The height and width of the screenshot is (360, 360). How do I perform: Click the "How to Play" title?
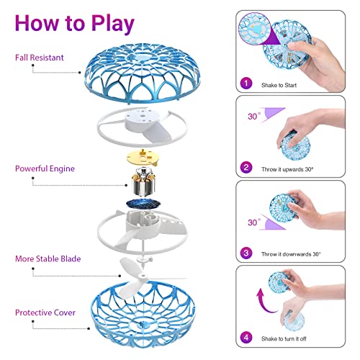[75, 23]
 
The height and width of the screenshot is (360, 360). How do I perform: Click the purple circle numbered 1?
[247, 84]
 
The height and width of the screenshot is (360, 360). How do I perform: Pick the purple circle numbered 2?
[247, 168]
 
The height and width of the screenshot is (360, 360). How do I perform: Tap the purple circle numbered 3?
[247, 253]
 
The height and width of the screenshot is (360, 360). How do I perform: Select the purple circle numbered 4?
[247, 336]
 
